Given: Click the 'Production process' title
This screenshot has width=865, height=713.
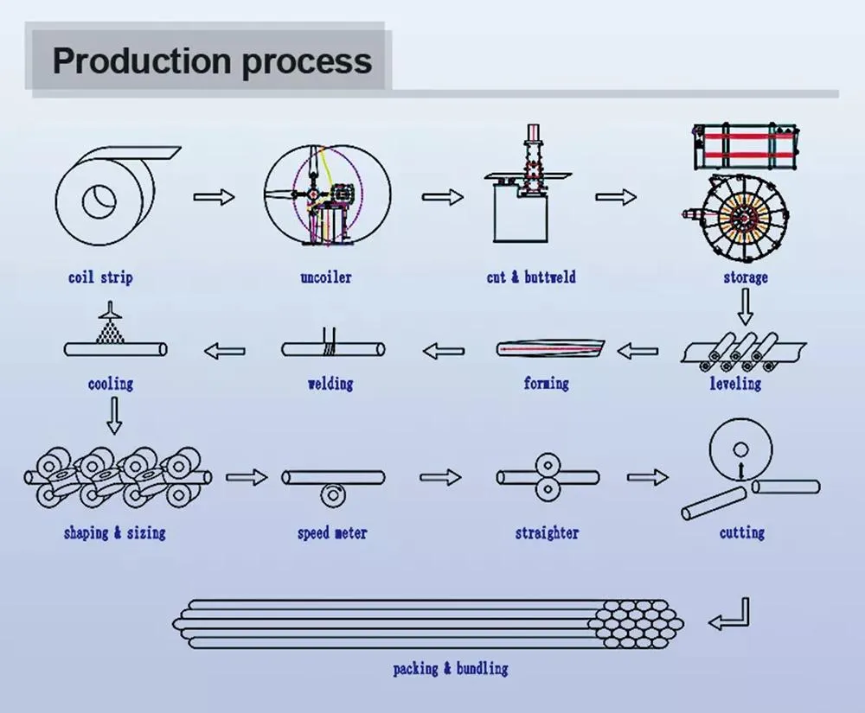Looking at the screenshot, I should coord(212,61).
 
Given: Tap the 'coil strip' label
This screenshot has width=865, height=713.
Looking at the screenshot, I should coord(100,277).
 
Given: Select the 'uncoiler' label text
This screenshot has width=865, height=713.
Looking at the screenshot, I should coord(325,277).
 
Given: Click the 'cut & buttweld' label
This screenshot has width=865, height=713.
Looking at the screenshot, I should coord(530,277).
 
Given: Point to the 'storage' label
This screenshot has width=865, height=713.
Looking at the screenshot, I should coord(745,277).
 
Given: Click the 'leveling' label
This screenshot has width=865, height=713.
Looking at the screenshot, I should coord(735,383).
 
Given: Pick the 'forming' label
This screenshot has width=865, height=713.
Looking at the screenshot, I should coord(546,383).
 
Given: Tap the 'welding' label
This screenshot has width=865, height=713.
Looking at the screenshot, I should coord(330,383).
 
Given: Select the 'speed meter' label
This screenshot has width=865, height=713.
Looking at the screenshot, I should coord(332,533).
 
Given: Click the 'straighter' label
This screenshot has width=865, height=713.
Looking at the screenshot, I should coord(547,533).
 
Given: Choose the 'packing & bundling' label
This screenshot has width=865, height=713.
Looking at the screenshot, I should coord(450,668).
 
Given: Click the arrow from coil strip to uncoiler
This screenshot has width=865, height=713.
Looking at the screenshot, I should coord(214,197).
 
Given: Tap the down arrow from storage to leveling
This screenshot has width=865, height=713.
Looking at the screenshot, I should coord(745,307).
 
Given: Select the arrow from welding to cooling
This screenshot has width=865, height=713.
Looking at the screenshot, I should coord(224,351).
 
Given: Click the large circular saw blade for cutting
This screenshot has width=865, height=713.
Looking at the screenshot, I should coord(740,451).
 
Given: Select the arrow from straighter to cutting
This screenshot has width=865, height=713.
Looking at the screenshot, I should coord(648,476).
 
